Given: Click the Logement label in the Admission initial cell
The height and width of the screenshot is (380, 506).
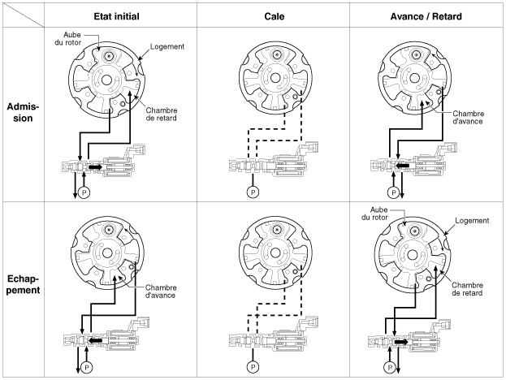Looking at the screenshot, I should point(168,47).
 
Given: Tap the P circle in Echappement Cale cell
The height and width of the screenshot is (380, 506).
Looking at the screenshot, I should point(254,365).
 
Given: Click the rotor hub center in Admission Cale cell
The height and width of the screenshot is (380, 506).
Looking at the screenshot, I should point(276,80).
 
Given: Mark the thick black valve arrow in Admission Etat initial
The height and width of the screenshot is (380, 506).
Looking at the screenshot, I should point(95,167).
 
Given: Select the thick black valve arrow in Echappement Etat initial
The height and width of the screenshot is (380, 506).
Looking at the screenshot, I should point(96,340).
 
